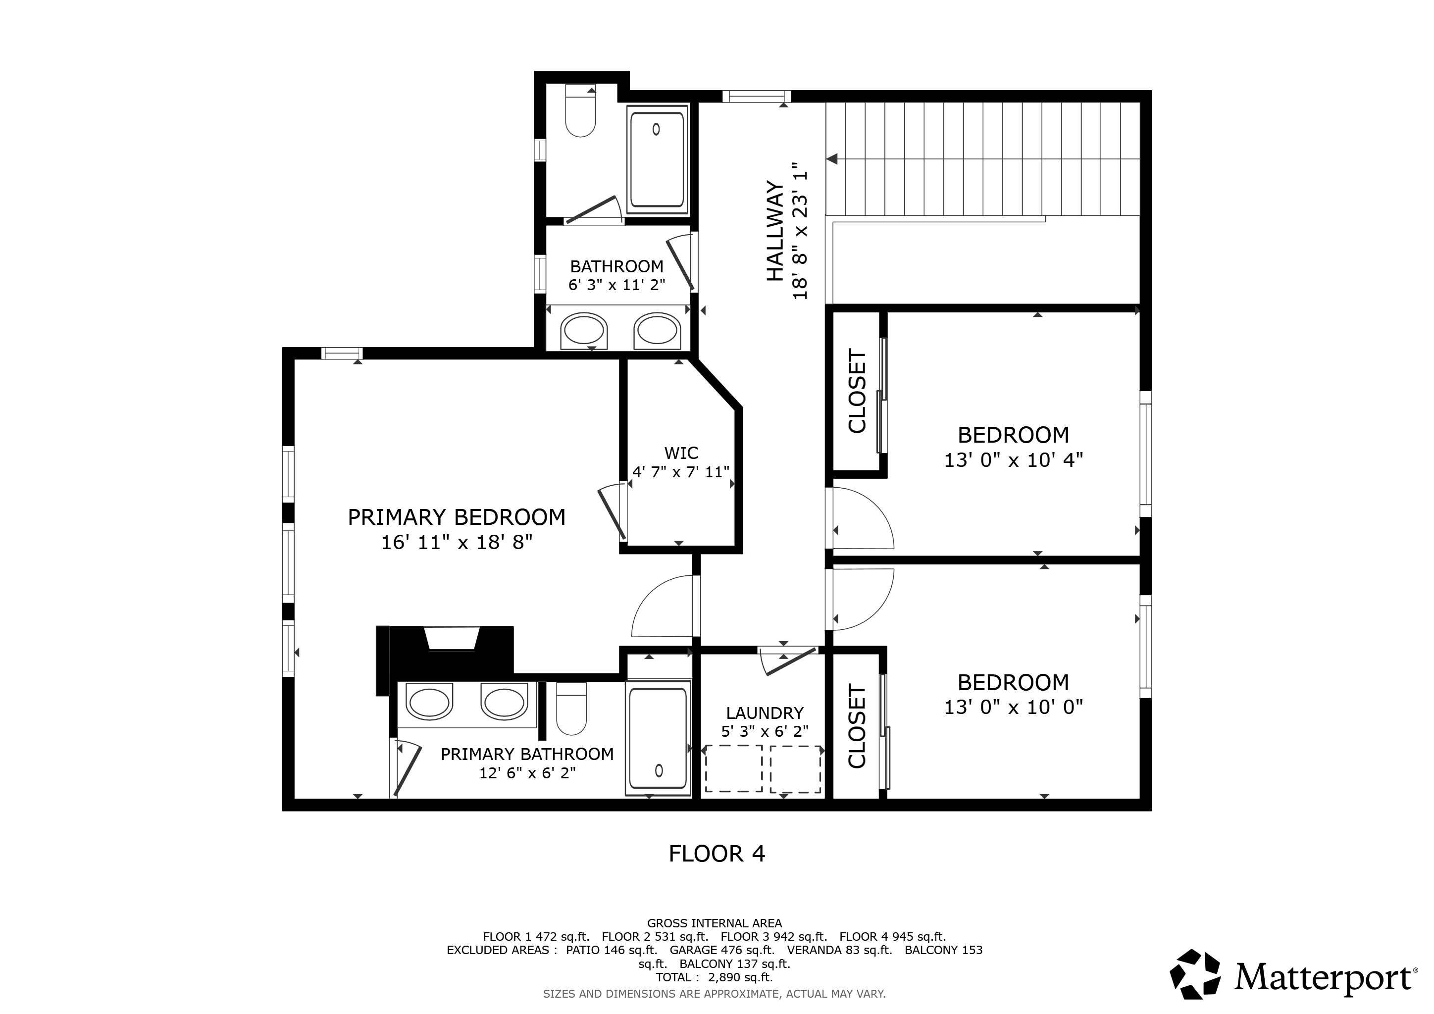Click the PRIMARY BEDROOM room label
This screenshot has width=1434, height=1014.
(457, 517)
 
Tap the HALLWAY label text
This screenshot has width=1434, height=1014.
(774, 231)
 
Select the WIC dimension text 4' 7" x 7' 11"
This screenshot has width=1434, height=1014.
(681, 472)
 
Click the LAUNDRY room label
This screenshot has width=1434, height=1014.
(765, 713)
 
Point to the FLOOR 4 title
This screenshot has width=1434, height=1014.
(717, 854)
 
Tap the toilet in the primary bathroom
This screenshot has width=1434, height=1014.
(571, 708)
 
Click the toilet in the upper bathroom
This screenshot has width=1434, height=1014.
(580, 110)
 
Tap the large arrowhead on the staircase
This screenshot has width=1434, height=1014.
(831, 159)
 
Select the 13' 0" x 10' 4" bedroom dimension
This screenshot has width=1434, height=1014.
(1013, 460)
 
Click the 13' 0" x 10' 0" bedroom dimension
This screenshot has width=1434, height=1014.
(1013, 707)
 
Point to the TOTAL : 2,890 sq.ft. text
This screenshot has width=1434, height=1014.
(715, 977)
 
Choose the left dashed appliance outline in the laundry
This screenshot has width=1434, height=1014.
(734, 768)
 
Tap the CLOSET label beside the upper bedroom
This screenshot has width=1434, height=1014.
(857, 391)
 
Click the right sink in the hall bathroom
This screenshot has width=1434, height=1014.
(657, 331)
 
